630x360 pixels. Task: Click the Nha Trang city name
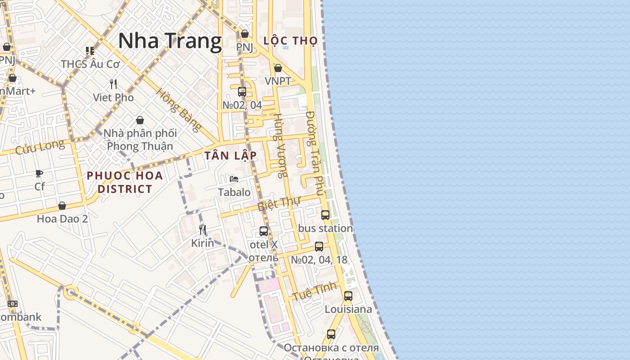point(170,41)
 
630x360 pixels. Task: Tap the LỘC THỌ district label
point(290,40)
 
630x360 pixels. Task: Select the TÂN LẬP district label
point(230,156)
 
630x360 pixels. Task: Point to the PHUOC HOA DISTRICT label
point(125,182)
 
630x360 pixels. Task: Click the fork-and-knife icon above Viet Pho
point(113,84)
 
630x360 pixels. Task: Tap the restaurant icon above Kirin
point(202,230)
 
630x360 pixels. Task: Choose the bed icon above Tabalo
point(234,179)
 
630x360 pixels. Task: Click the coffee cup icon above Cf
point(39,173)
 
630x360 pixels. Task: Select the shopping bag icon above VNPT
point(278,68)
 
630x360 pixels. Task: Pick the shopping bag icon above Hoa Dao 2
point(62,206)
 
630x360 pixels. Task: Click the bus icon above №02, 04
point(242,92)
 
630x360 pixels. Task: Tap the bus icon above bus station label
point(325,215)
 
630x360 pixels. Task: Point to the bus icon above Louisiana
point(348,296)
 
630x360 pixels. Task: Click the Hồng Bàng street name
point(178,110)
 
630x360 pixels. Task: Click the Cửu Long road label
point(40,147)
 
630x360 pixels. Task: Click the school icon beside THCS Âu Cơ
point(90,51)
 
